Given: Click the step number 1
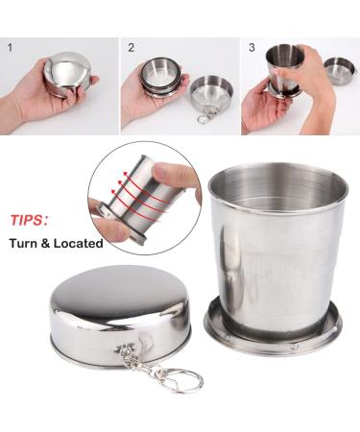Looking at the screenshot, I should tap(10, 46).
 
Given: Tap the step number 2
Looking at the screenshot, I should tap(130, 46).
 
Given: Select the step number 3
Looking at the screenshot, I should tap(252, 46).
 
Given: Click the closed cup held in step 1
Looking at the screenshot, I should tap(67, 75).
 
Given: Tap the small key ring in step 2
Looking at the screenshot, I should tap(205, 119).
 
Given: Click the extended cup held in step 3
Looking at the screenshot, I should tap(285, 70).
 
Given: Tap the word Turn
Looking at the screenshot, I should tap(26, 244).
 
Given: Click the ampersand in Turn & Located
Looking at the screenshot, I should tap(50, 244).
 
